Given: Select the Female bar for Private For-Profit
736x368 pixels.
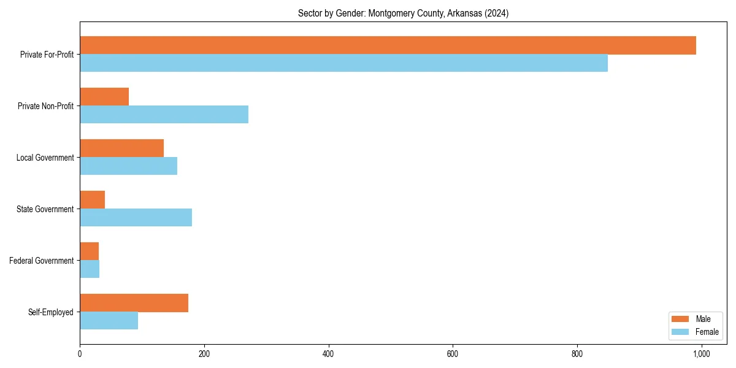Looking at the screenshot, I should point(343,63).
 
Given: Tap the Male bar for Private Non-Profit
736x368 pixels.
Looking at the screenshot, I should point(104,97).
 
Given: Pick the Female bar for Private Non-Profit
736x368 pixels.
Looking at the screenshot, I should point(164,115).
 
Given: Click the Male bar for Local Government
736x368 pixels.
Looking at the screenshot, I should point(121,148).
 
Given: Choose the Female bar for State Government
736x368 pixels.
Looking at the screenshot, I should point(136,218).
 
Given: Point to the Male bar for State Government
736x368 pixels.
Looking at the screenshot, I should point(92,200).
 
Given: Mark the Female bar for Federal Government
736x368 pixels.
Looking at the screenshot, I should point(90,269).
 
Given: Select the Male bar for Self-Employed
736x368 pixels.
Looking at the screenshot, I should point(134,303).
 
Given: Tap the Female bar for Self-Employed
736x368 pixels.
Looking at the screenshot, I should point(109,321).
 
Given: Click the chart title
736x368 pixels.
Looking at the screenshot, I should point(403,13).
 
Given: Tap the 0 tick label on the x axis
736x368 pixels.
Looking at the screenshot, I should point(80,354).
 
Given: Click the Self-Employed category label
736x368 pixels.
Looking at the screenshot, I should point(50,312).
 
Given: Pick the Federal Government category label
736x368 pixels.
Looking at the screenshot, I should point(42,261).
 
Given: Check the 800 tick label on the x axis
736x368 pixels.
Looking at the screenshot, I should point(577,354).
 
